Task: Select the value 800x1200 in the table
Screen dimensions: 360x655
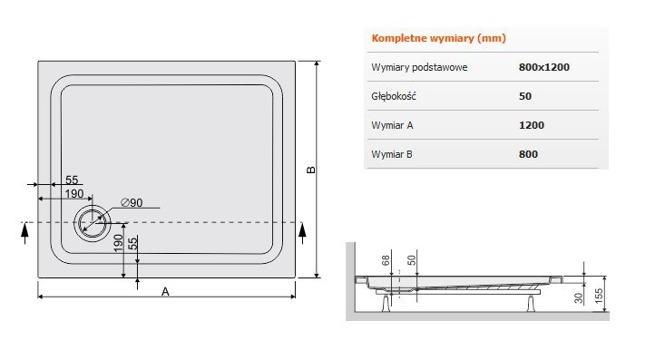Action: [544, 67]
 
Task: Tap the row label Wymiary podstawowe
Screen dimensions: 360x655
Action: [419, 67]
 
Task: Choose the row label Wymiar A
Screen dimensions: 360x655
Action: [393, 125]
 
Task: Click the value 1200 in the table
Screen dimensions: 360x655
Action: [533, 125]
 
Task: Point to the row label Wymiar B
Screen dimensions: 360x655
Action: [393, 154]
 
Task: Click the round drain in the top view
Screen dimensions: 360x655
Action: [92, 222]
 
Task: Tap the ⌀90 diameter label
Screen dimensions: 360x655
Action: [132, 202]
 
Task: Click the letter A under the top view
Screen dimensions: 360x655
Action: [164, 291]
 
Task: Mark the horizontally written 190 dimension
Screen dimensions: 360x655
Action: [73, 194]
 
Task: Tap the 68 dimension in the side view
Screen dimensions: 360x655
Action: [386, 261]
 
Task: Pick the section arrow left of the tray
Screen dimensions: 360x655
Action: [24, 233]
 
